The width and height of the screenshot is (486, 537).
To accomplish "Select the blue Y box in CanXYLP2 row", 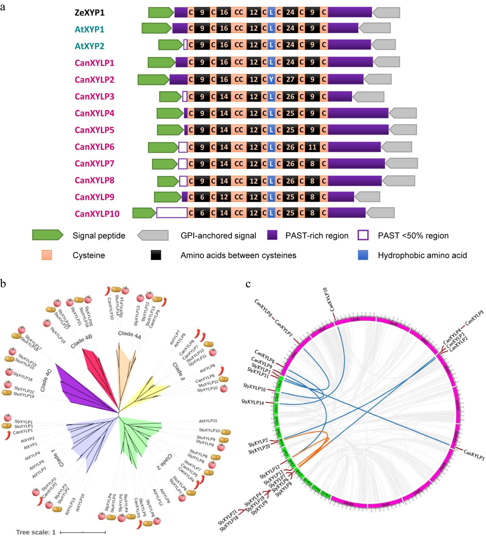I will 271,79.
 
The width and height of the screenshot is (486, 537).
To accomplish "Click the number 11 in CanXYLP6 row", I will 312,147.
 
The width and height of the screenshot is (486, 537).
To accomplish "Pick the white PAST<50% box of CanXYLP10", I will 172,213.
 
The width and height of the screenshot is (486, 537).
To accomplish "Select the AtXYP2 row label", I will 89,46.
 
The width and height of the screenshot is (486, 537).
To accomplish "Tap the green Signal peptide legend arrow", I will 48,235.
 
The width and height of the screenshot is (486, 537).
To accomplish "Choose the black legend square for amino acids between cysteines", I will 156,255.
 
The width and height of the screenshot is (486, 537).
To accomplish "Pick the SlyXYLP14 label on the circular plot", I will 252,402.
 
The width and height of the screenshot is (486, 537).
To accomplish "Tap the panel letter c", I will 248,284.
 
